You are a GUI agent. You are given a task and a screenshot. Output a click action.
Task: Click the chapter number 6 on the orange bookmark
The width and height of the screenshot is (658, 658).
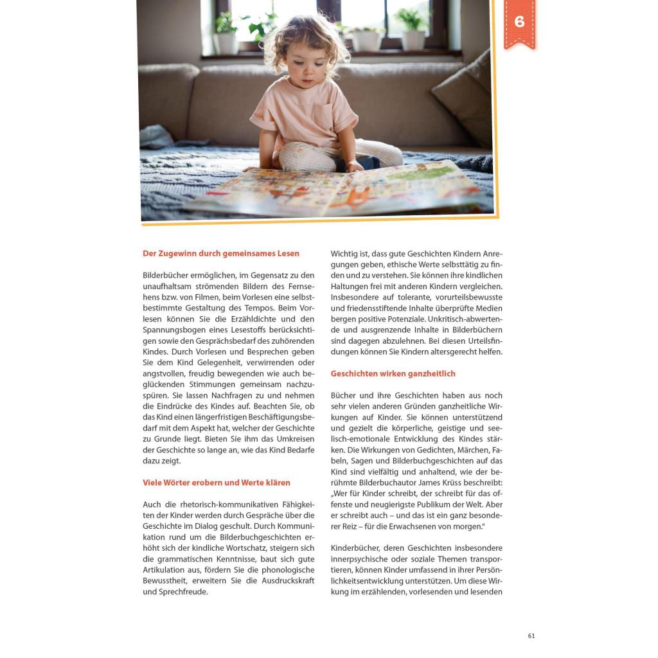(519, 21)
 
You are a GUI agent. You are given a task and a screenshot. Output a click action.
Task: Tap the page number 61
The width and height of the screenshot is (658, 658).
(531, 636)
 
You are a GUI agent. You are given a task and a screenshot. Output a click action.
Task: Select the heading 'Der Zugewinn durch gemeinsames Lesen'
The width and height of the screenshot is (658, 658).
(221, 254)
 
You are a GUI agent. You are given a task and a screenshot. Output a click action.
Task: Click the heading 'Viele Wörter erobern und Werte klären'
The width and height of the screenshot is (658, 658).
(217, 483)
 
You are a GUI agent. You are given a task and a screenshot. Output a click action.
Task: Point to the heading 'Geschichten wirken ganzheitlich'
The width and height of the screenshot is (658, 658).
(393, 373)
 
